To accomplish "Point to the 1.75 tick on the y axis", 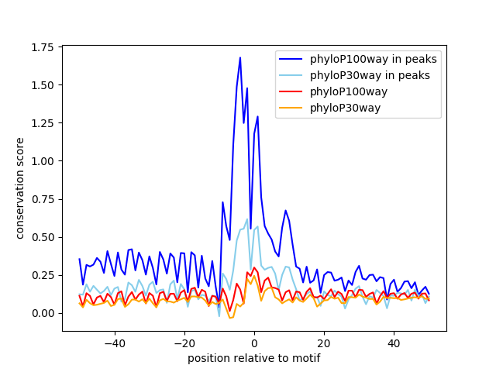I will [43, 47].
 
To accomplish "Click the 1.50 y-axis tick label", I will [43, 85].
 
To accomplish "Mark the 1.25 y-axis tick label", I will [43, 123].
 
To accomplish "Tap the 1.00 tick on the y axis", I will [43, 161].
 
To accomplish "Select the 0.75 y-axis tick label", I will [43, 199].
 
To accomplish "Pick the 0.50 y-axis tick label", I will [43, 237].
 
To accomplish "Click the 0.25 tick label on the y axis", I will [43, 275].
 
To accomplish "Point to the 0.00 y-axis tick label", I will [43, 313].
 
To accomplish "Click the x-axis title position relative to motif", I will [253, 358].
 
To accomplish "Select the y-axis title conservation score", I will [21, 188].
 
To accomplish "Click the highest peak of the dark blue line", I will [240, 57].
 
